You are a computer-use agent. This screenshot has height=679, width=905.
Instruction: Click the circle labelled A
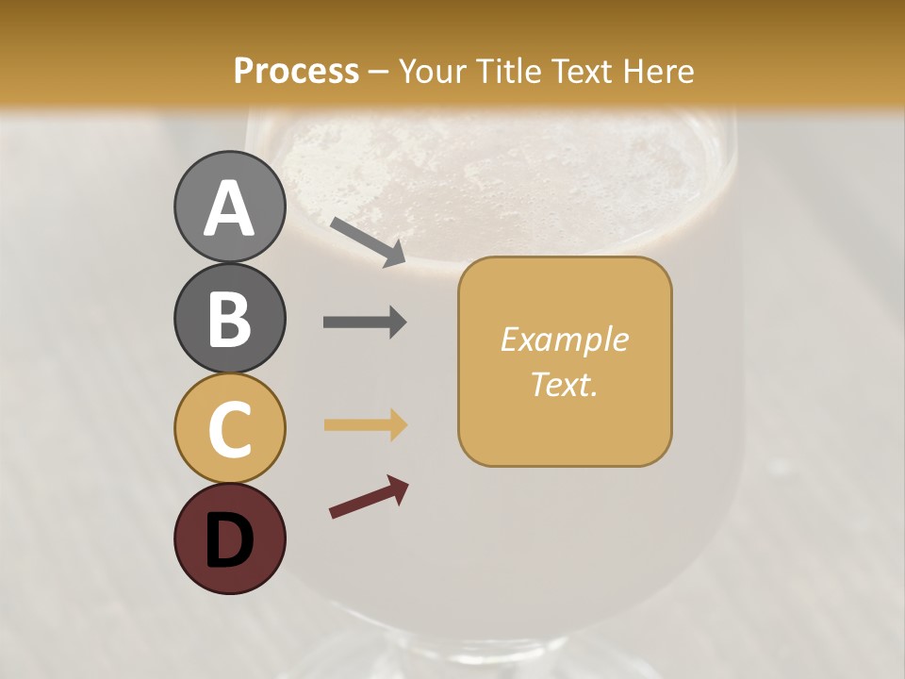tap(229, 207)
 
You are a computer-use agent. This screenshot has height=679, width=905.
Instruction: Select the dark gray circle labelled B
tap(229, 318)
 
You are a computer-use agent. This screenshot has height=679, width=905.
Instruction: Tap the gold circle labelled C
tap(229, 428)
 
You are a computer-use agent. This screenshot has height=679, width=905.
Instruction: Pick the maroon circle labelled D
tap(229, 538)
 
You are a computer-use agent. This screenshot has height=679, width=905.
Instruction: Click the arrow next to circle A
tap(368, 241)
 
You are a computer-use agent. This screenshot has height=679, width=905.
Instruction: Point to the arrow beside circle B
tap(365, 322)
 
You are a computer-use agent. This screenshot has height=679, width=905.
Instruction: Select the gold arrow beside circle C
tap(365, 424)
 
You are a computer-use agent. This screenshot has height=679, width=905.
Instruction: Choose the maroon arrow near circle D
tap(369, 497)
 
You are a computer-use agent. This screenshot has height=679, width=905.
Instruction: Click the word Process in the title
tap(296, 72)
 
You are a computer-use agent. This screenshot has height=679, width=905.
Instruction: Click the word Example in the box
tap(564, 339)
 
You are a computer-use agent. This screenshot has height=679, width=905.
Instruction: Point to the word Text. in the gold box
tap(564, 384)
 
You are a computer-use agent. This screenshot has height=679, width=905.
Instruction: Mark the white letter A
tap(229, 208)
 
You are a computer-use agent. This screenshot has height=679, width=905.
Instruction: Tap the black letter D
tap(229, 540)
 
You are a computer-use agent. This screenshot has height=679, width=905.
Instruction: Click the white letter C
tap(229, 429)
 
